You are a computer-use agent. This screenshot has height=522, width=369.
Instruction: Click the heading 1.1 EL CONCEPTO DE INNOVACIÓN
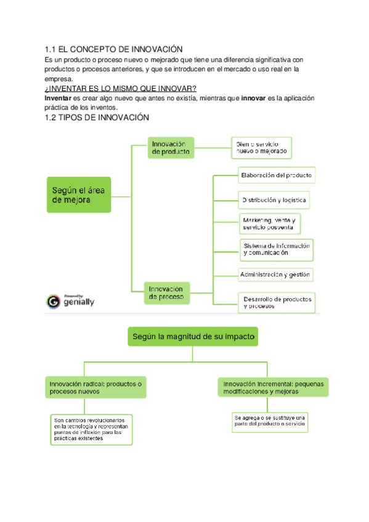(x=114, y=49)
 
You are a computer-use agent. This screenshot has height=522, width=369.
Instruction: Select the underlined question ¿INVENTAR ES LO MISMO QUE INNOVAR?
(x=120, y=89)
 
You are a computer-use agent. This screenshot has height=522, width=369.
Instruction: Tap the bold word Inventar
(x=58, y=98)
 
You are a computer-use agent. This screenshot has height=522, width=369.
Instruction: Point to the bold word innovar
(x=253, y=98)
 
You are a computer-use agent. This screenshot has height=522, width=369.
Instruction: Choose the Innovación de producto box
(x=171, y=148)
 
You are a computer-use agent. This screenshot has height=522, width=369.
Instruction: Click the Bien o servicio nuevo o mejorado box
(x=261, y=148)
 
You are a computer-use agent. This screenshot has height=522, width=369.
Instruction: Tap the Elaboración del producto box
(x=277, y=175)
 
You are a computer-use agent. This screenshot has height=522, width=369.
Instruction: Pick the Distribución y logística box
(x=274, y=200)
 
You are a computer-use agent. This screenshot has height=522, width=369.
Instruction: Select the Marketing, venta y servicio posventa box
(x=270, y=224)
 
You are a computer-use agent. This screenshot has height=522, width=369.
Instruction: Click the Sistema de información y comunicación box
(x=276, y=249)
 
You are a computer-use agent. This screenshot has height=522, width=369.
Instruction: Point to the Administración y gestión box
(x=275, y=274)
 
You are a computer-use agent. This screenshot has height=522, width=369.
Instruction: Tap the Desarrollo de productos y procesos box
(x=277, y=302)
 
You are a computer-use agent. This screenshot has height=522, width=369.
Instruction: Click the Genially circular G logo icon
(x=54, y=301)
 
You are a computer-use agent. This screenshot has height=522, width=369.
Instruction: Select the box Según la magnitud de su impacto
(x=193, y=337)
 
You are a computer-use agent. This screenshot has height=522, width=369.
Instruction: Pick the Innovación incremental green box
(x=274, y=387)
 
